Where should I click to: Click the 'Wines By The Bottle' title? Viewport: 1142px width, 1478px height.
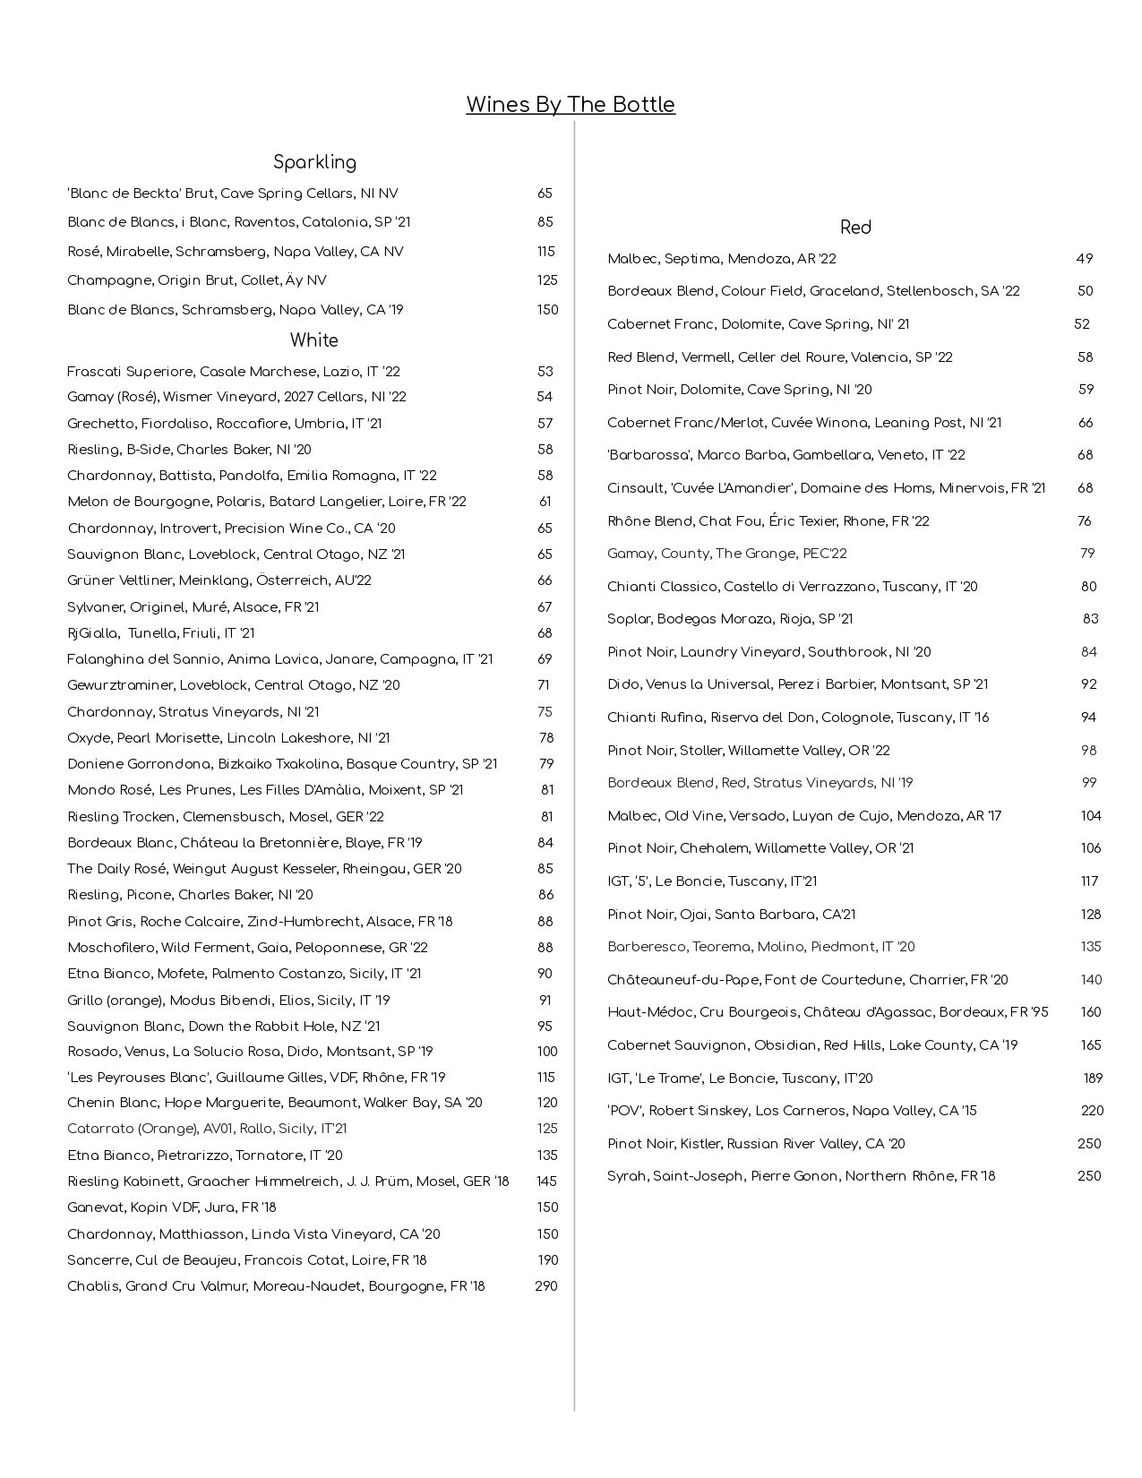coord(570,105)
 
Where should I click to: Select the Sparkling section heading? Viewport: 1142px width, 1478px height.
coord(314,162)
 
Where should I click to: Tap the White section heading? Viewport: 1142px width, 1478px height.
coord(313,340)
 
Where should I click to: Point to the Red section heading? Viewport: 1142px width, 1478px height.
coord(855,228)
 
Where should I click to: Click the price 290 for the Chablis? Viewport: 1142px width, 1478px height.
coord(545,1286)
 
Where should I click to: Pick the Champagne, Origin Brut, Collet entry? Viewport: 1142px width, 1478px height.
coord(197,280)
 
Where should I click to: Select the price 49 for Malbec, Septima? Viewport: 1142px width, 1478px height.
coord(1084,259)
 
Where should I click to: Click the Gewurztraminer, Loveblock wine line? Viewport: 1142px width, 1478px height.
coord(233,685)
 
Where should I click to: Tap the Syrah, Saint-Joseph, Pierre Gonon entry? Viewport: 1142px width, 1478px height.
coord(801,1176)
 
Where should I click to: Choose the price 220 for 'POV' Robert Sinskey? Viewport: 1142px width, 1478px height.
coord(1092,1111)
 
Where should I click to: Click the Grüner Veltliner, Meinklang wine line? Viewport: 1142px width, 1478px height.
coord(219,580)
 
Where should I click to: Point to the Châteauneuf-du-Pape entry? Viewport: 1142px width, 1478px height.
coord(807,980)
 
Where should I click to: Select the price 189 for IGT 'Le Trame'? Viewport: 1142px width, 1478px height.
coord(1092,1078)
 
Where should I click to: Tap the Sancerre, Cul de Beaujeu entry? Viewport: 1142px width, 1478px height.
coord(246,1260)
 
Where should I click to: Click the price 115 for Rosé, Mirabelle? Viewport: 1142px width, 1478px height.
coord(545,252)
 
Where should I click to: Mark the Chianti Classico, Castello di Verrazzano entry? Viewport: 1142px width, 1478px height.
coord(792,587)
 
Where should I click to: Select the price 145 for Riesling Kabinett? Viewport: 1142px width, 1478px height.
coord(545,1182)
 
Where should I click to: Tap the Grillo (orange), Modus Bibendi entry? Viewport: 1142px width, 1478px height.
coord(228,1001)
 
